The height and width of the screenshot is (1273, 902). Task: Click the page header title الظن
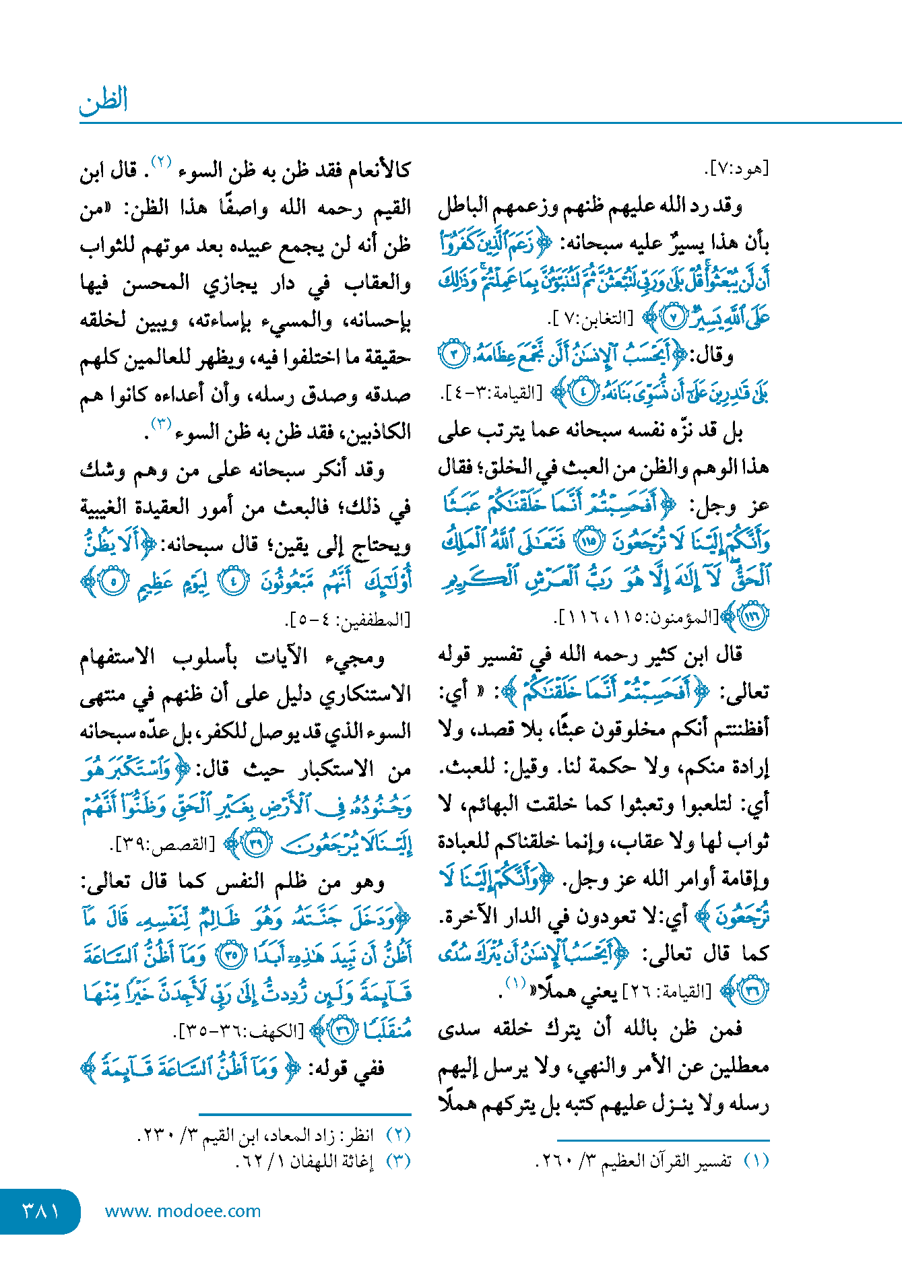103,101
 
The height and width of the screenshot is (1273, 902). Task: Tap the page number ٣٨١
40,1211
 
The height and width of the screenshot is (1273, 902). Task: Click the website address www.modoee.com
183,1211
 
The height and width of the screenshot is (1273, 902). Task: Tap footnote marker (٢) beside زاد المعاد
398,1136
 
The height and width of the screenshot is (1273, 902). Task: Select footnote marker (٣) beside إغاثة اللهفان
398,1161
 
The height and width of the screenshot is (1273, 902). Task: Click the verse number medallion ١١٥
590,542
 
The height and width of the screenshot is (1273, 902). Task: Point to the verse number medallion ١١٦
753,616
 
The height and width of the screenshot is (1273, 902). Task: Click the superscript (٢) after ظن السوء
162,162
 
